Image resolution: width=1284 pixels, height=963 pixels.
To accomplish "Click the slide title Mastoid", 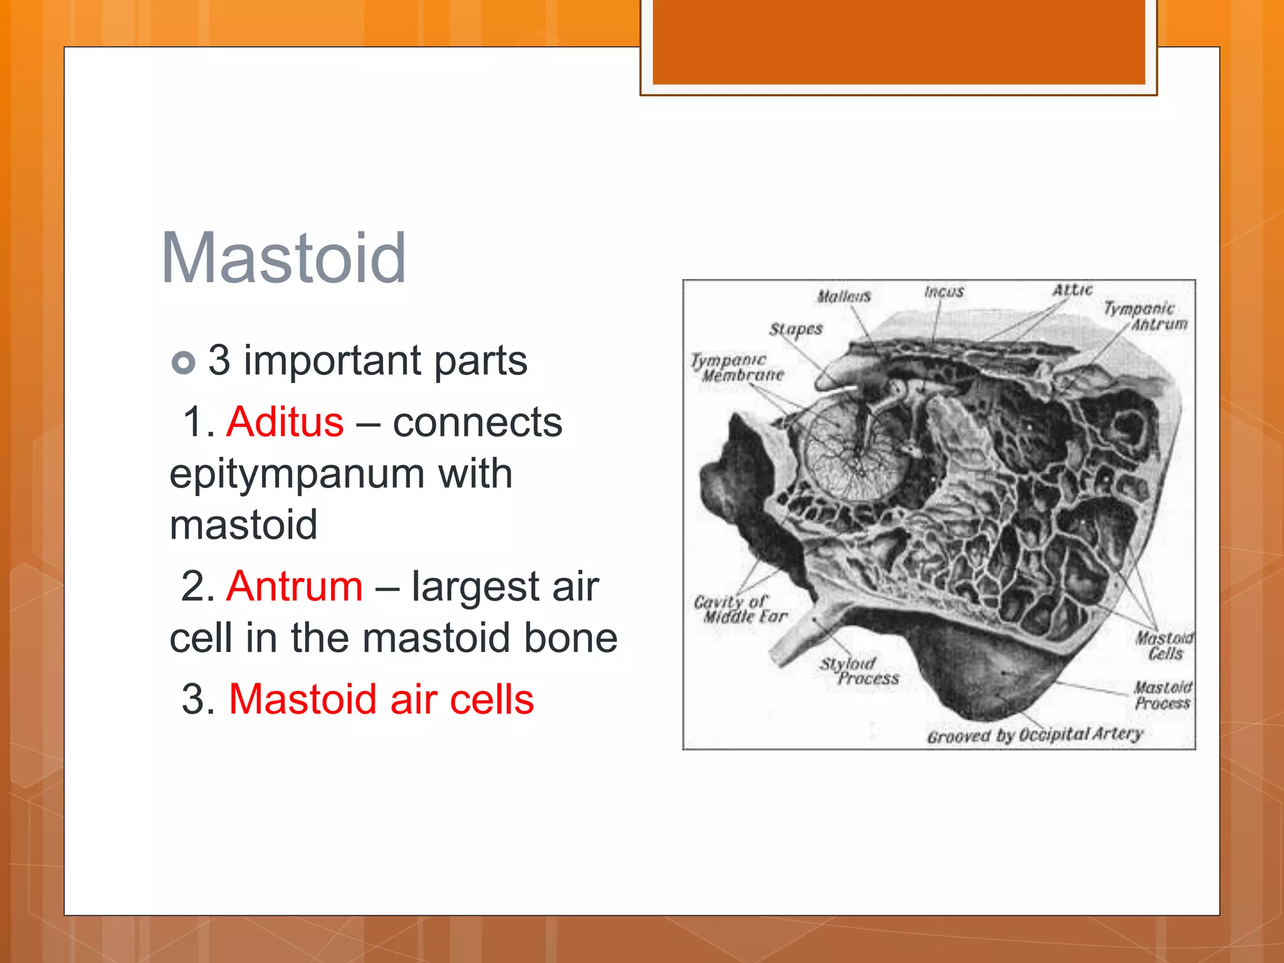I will pyautogui.click(x=283, y=258).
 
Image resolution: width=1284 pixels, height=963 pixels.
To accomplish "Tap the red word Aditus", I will pyautogui.click(x=285, y=422).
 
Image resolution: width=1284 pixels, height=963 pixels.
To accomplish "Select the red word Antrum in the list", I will pyautogui.click(x=295, y=587).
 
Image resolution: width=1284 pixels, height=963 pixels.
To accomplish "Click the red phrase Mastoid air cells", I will pyautogui.click(x=381, y=699).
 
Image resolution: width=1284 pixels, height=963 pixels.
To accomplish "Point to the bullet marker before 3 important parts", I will pyautogui.click(x=183, y=362).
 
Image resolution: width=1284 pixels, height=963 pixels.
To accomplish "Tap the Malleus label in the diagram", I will pyautogui.click(x=844, y=296).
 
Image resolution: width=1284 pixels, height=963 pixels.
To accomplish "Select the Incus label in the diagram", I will pyautogui.click(x=944, y=292).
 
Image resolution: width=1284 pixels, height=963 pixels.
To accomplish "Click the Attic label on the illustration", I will pyautogui.click(x=1072, y=290).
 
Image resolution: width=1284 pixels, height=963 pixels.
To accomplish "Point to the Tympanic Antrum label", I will pyautogui.click(x=1146, y=316).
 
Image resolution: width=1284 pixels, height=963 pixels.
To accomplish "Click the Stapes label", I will pyautogui.click(x=796, y=329).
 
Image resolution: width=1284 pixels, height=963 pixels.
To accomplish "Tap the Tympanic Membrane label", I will pyautogui.click(x=737, y=368).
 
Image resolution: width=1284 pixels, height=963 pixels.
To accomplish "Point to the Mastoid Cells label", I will pyautogui.click(x=1165, y=646).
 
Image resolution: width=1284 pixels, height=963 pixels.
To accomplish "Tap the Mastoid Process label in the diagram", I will pyautogui.click(x=1163, y=695).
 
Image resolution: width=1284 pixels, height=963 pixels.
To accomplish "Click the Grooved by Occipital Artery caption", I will pyautogui.click(x=1034, y=735).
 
